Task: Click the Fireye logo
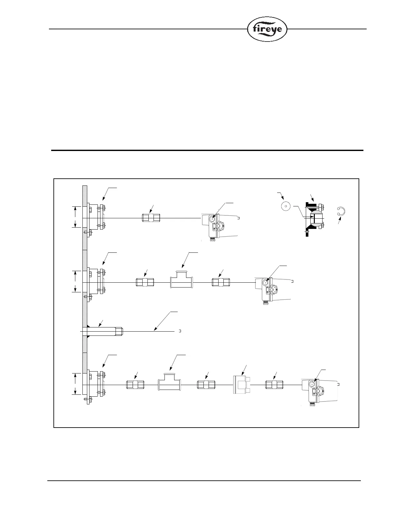click(x=267, y=29)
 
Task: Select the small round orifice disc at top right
click(x=286, y=206)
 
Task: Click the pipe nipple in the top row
click(x=151, y=218)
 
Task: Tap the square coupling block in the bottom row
click(x=241, y=384)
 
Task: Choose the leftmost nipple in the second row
click(x=145, y=282)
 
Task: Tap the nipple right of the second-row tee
click(x=221, y=282)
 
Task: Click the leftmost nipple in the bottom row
click(x=135, y=385)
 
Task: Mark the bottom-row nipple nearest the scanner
click(x=274, y=385)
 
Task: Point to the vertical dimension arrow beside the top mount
click(x=76, y=217)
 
